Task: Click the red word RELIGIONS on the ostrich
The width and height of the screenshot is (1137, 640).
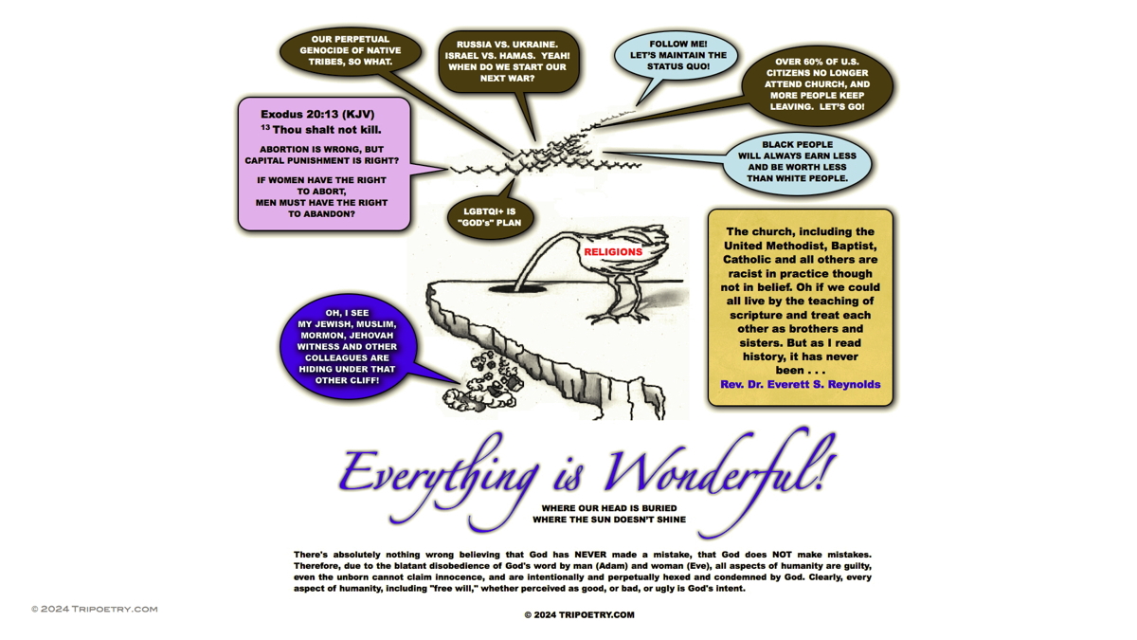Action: click(613, 252)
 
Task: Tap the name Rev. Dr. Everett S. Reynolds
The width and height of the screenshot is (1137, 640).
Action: click(801, 385)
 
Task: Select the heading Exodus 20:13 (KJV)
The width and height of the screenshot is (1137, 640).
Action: click(317, 115)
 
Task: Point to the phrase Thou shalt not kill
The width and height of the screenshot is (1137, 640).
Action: click(326, 130)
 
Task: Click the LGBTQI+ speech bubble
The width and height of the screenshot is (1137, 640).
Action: click(491, 217)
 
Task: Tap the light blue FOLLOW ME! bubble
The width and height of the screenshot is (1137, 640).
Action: click(676, 56)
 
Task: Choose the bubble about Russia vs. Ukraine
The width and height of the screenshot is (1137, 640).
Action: click(508, 62)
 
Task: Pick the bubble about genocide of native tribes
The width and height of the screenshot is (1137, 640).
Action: click(351, 51)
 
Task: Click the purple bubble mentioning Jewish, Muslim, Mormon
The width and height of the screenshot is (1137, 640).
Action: click(348, 346)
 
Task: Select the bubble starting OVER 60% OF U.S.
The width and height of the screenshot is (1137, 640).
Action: click(817, 84)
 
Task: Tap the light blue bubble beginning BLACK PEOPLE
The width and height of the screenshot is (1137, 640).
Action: click(797, 162)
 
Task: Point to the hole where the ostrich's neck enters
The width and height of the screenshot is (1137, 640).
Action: click(517, 288)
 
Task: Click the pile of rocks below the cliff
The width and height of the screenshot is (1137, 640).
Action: click(480, 382)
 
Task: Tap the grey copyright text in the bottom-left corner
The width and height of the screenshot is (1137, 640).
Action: click(95, 609)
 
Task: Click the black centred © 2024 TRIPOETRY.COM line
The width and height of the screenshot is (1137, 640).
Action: click(579, 615)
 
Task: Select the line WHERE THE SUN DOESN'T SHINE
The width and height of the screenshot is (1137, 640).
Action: click(609, 520)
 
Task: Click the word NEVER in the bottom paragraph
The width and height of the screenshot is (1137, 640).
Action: click(591, 555)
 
